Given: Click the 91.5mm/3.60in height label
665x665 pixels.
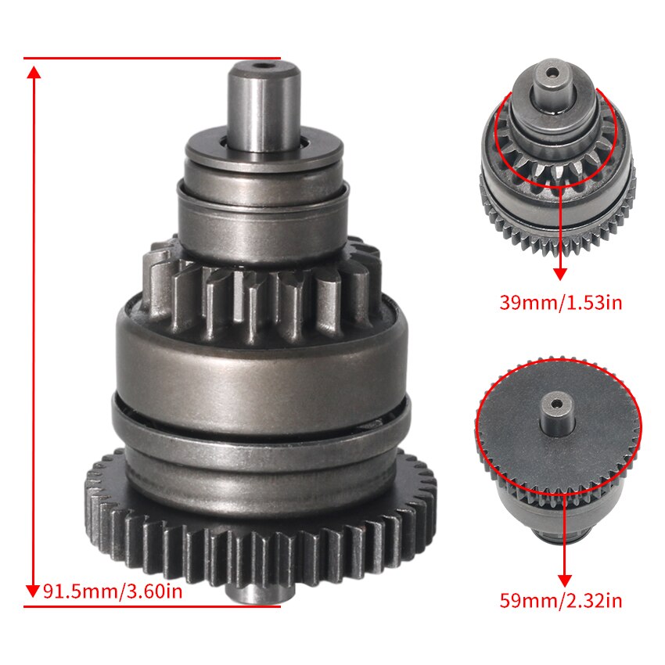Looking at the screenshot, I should click(113, 590).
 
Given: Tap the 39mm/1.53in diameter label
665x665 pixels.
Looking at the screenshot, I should click(560, 302).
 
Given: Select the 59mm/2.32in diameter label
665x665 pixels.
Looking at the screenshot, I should click(560, 601).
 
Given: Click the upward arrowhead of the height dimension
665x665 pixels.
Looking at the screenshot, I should click(33, 73).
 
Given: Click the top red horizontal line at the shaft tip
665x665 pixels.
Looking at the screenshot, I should click(152, 58).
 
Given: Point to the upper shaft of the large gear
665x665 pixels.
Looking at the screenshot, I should click(264, 106).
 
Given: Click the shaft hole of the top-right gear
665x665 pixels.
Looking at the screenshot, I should click(553, 74).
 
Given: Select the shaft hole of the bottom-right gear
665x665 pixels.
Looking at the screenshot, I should click(556, 404).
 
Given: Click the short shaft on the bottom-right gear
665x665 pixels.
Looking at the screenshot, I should click(556, 415).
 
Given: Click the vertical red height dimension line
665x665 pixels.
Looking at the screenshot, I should click(33, 329).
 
